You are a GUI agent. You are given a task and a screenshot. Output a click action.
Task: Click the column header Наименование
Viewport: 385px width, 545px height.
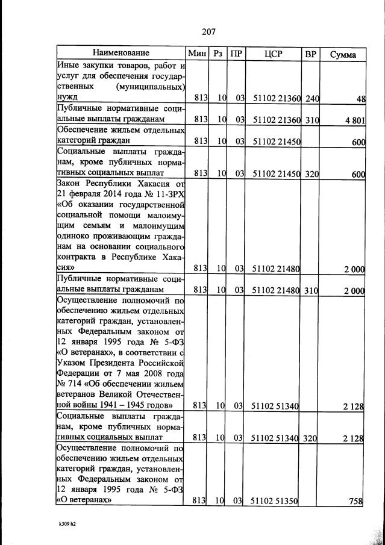point(121,54)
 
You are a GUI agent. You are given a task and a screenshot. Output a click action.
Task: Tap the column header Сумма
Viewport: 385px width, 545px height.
point(343,54)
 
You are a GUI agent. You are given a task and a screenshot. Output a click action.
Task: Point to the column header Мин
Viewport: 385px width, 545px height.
point(197,54)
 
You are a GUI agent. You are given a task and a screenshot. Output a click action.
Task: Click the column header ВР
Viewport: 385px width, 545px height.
point(311,54)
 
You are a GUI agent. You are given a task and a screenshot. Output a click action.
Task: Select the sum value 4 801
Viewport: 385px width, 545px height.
point(354,120)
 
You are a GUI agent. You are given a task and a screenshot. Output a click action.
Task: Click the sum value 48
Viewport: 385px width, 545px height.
point(360,98)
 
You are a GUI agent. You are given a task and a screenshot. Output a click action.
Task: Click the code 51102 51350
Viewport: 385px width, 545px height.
point(274,500)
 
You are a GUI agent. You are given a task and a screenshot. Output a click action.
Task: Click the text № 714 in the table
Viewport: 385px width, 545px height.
point(69,384)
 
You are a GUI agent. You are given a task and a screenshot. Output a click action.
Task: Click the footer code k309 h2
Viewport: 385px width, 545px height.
point(63,524)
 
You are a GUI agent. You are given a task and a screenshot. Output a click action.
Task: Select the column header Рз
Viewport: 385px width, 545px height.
point(218,54)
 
